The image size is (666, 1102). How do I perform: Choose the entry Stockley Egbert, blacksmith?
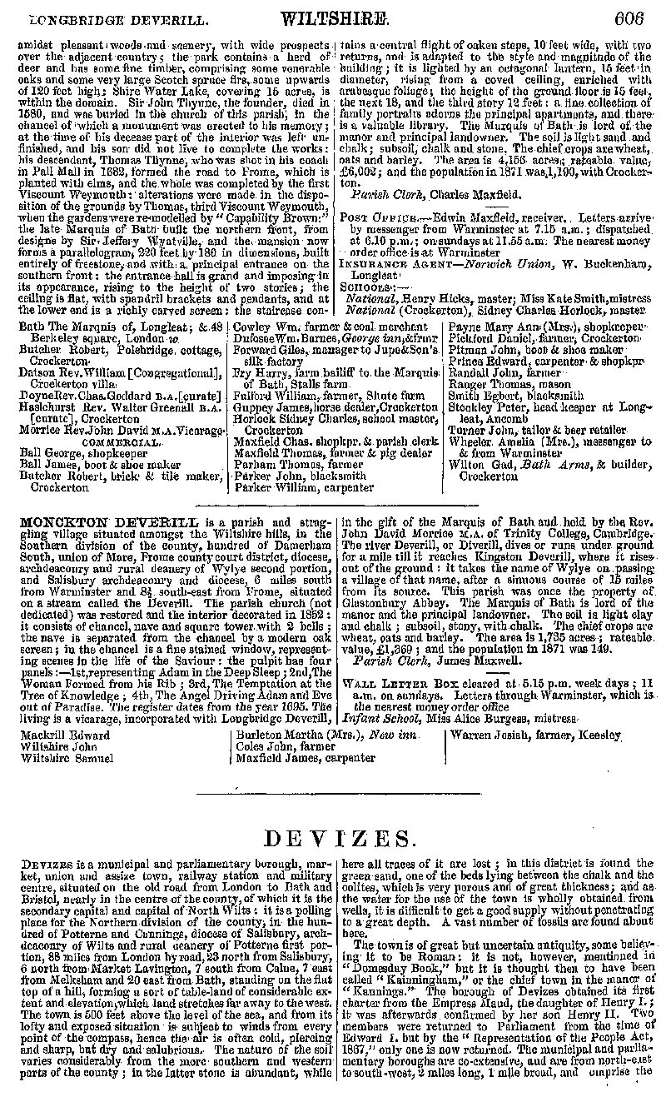point(516,396)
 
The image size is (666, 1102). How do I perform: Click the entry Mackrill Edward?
point(66,735)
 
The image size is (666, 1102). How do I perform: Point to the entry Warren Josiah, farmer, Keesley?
point(536,735)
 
